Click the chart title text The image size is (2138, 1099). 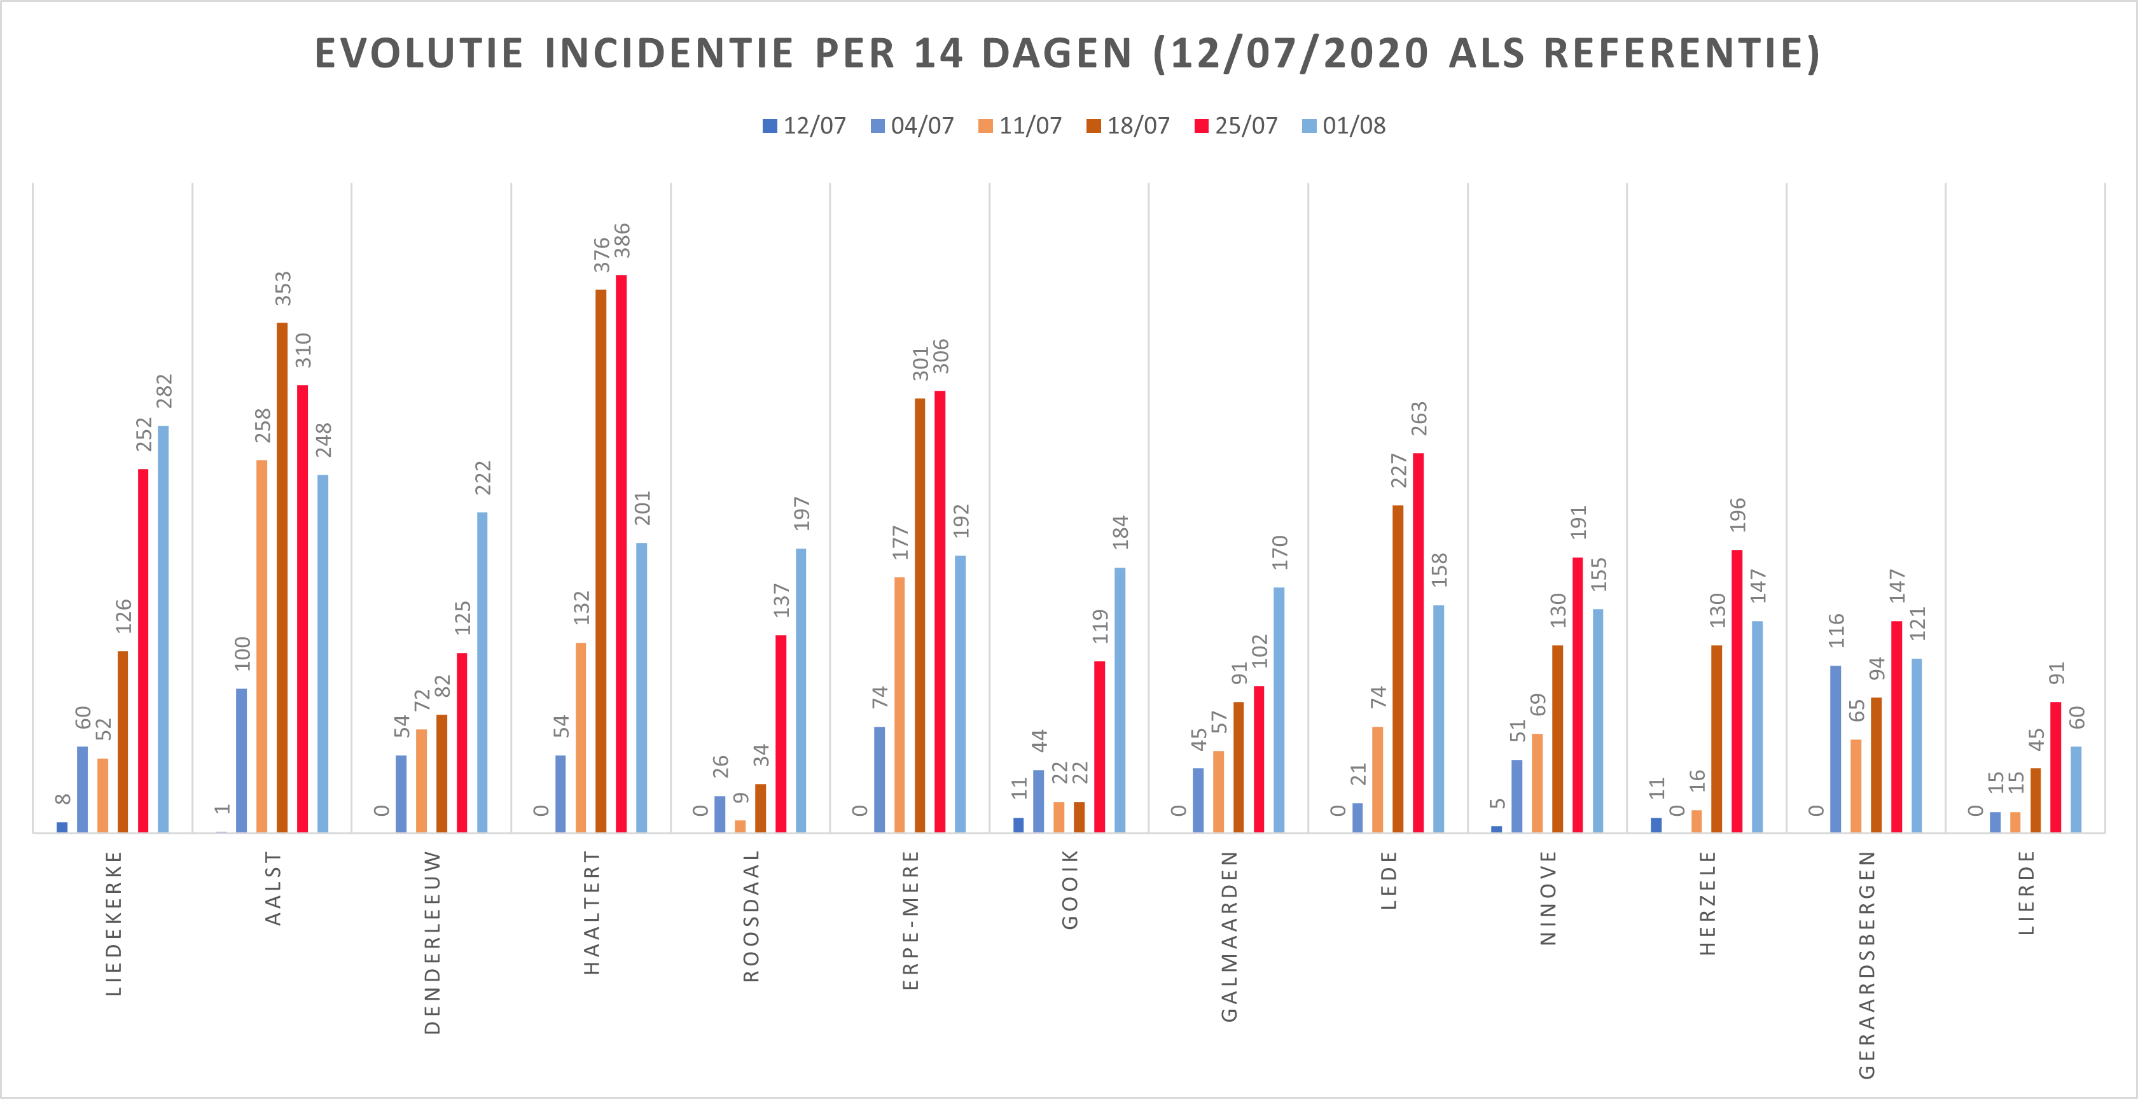point(1067,53)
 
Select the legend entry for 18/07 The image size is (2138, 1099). point(1128,126)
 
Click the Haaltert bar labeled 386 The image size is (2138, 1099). point(621,553)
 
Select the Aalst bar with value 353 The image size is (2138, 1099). point(282,577)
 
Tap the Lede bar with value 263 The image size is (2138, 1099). point(1419,643)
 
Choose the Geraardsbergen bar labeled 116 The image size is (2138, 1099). point(1835,749)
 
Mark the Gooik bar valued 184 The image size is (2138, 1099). point(1120,700)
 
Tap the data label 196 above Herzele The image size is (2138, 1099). point(1737,515)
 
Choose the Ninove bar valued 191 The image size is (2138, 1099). point(1578,695)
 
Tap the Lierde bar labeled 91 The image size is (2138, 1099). point(2056,767)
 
